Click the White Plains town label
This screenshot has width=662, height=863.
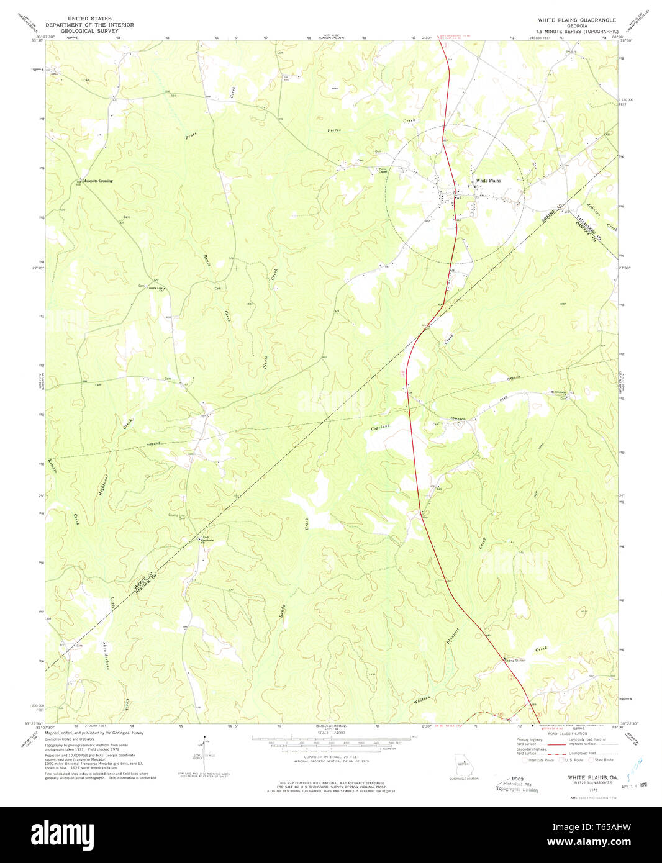pos(488,181)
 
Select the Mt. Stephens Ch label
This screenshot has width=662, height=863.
pos(557,392)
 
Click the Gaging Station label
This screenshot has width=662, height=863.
pos(514,661)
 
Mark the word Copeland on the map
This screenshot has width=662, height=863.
pos(380,428)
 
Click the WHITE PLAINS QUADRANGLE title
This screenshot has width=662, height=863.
pos(576,20)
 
